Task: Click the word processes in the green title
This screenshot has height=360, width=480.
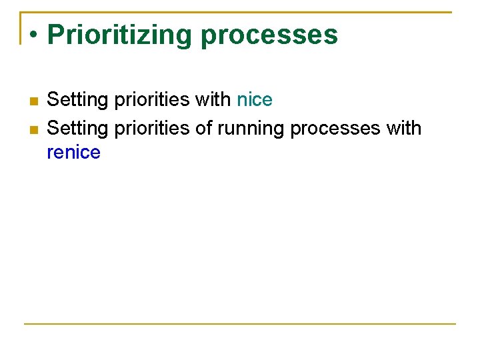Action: coord(269,35)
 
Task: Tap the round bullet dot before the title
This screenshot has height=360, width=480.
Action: coord(33,35)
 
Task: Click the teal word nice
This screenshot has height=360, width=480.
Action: coord(255,100)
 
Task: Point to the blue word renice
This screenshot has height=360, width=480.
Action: coord(73,153)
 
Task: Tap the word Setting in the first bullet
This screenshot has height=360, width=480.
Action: coord(77,100)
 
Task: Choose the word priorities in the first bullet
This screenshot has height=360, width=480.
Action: coord(152,100)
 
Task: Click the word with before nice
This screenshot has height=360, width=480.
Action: coord(213,100)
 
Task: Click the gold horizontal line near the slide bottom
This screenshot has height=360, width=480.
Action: coord(240,324)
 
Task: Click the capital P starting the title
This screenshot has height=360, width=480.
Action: coord(55,35)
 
